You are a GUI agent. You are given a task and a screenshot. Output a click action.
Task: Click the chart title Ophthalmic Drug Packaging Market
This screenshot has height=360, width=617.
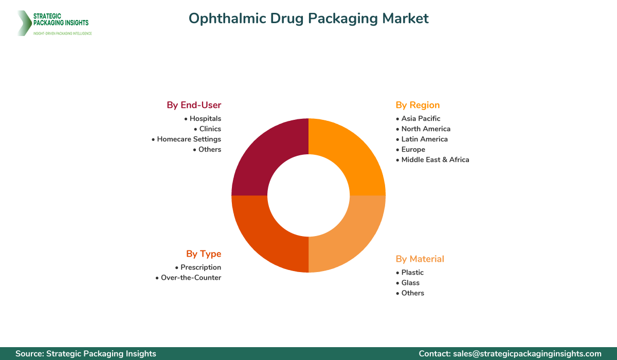click(x=308, y=19)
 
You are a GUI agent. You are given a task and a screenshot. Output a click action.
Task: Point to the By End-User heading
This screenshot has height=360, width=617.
click(x=194, y=105)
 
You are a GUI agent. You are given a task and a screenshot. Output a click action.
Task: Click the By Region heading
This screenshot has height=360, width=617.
click(x=418, y=105)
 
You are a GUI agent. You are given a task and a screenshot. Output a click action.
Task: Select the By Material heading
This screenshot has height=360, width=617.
click(x=420, y=259)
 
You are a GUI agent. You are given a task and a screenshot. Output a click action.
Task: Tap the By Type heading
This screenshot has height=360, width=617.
click(x=204, y=254)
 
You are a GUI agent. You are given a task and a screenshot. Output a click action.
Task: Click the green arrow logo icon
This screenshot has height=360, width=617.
click(x=23, y=23)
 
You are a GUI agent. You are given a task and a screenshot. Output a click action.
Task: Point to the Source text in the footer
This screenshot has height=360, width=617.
click(x=86, y=353)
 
